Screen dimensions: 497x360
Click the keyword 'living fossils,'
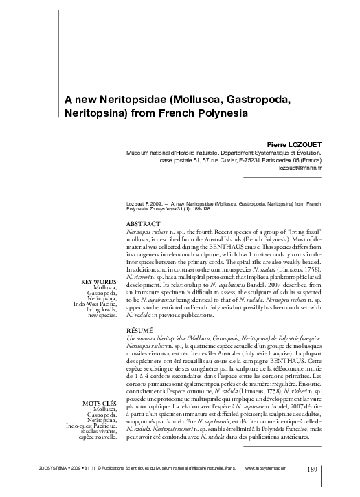[102, 310]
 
